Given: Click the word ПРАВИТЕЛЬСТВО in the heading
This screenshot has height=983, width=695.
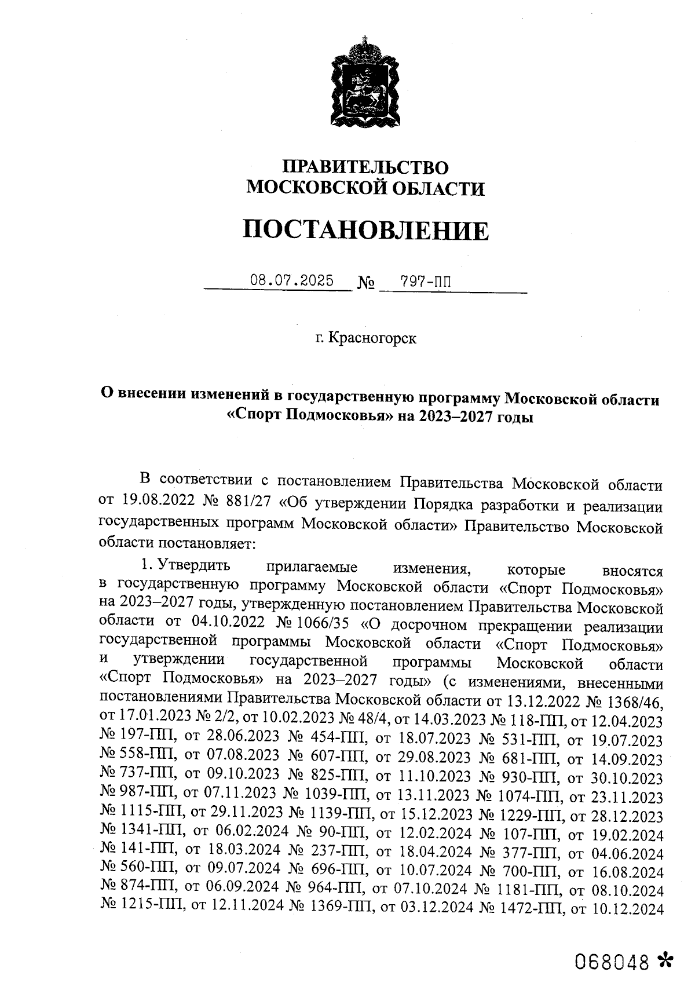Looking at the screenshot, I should coord(365,168).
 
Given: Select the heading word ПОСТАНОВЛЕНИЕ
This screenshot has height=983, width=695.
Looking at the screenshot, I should coord(365,231).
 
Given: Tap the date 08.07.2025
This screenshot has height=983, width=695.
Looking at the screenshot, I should coord(292,281).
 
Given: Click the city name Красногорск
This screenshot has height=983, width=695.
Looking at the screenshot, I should coord(372,338).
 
